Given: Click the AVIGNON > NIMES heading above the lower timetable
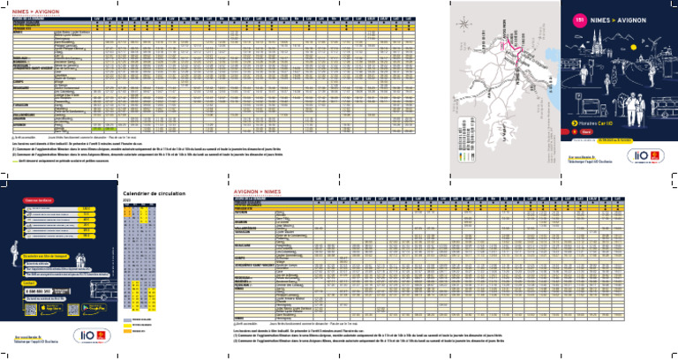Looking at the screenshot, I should pos(257,190).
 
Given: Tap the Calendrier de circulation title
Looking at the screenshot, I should pos(155,193).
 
